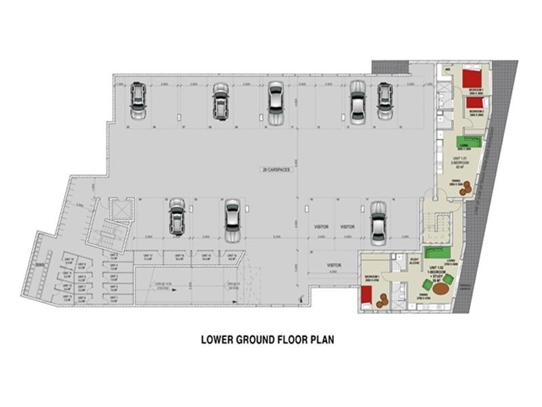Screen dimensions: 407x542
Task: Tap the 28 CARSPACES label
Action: tap(278, 169)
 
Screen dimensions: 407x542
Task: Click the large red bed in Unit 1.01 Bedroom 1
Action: tap(472, 79)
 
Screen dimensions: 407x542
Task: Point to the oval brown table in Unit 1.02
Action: tap(442, 289)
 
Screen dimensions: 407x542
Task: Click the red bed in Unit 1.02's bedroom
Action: tap(367, 296)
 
